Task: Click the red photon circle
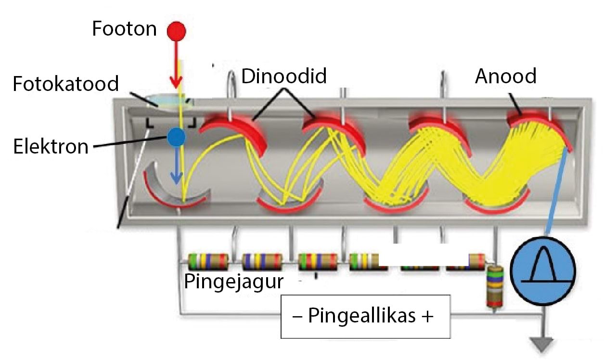coord(176,31)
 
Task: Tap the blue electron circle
coord(177,139)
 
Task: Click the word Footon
coord(125,29)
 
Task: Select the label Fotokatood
coord(66,84)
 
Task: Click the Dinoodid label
coord(284,76)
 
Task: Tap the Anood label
coord(505,76)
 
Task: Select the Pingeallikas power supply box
coord(365,317)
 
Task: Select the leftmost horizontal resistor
coord(207,261)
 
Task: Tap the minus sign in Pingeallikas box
coord(297,317)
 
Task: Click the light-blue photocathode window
coord(166,101)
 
